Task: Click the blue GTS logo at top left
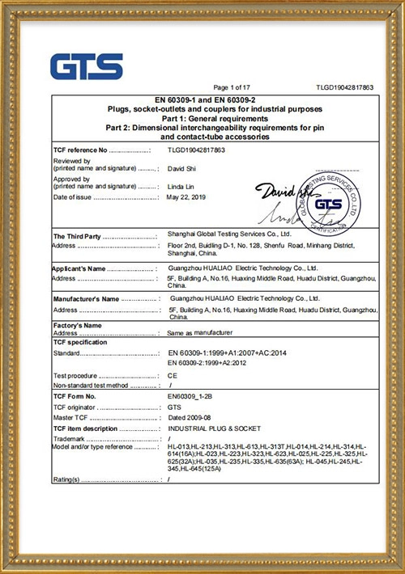tap(87, 66)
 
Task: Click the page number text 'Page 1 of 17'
tap(232, 87)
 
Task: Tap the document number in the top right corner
tap(344, 87)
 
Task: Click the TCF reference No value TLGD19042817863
tap(195, 150)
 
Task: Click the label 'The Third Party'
tap(77, 235)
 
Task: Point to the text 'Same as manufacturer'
tap(199, 332)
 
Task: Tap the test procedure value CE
tap(172, 376)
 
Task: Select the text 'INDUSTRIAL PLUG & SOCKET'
tap(209, 428)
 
